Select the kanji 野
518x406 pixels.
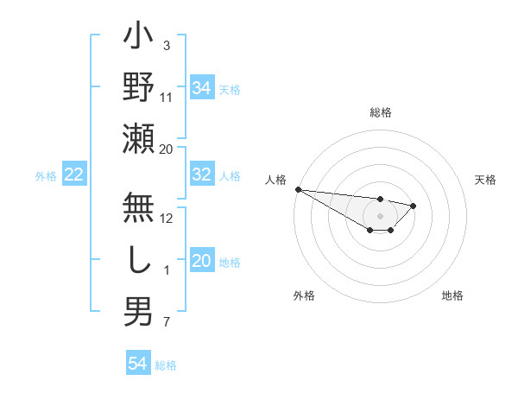[139, 87]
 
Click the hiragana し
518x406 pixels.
[139, 262]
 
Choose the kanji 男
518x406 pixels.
[139, 312]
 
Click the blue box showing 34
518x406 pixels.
[202, 88]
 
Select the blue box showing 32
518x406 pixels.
[202, 174]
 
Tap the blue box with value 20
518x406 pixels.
[202, 261]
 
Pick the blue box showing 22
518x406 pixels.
[74, 174]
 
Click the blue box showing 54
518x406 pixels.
[138, 364]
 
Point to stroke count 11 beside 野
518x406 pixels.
[167, 98]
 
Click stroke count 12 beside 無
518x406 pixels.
[167, 219]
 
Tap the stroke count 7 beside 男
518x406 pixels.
[167, 323]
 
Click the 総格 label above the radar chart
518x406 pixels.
[381, 112]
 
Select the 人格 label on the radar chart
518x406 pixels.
[276, 180]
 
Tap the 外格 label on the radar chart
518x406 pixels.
[304, 295]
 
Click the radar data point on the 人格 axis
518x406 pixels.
[298, 189]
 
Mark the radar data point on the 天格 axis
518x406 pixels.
[414, 206]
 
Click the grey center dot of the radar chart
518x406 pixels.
[380, 216]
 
